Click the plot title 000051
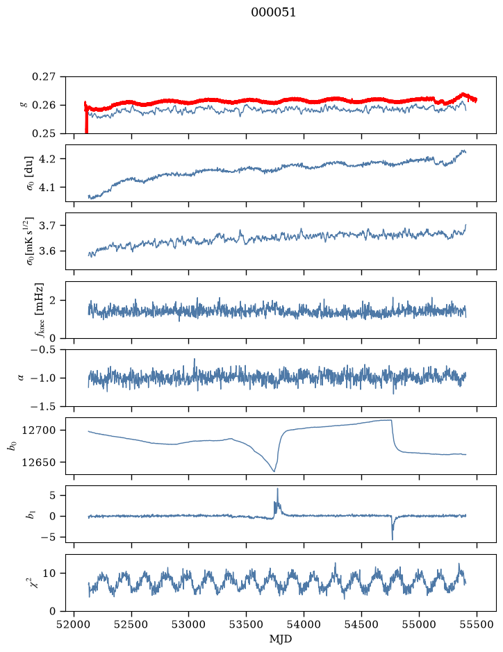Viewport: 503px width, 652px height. click(x=273, y=12)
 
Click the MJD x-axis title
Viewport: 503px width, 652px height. click(x=281, y=639)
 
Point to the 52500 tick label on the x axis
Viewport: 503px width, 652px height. click(x=131, y=624)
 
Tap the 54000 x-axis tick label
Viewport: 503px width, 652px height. click(x=304, y=624)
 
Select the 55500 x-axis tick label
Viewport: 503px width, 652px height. click(x=477, y=624)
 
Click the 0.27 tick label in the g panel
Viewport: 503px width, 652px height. click(x=44, y=77)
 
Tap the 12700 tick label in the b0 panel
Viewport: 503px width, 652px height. click(x=39, y=431)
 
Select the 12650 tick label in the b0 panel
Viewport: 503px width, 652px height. click(x=39, y=462)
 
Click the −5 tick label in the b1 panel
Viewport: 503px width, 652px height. click(x=48, y=537)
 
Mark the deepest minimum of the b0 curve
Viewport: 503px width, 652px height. click(x=274, y=471)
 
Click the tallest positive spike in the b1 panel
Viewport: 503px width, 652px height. click(x=277, y=489)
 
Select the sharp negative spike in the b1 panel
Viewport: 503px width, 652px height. click(x=393, y=540)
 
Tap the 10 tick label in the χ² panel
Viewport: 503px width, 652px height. click(x=49, y=574)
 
